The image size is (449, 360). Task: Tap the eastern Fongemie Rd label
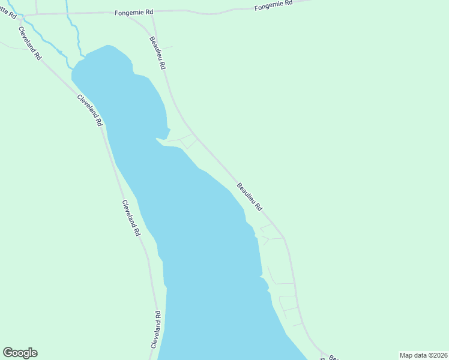point(273,5)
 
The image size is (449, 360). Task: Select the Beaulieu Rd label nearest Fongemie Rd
point(157,53)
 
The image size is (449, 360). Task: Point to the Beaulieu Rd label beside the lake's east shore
point(250,197)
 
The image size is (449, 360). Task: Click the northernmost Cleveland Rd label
point(29,43)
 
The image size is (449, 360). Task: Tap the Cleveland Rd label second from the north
point(89,110)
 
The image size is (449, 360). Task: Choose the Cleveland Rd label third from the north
point(131,217)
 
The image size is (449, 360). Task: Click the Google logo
point(20,353)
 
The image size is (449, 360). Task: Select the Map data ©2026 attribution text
point(423,355)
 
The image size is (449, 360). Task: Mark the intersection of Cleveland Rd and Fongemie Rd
point(22,15)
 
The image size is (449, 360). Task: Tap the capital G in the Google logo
point(8,352)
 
